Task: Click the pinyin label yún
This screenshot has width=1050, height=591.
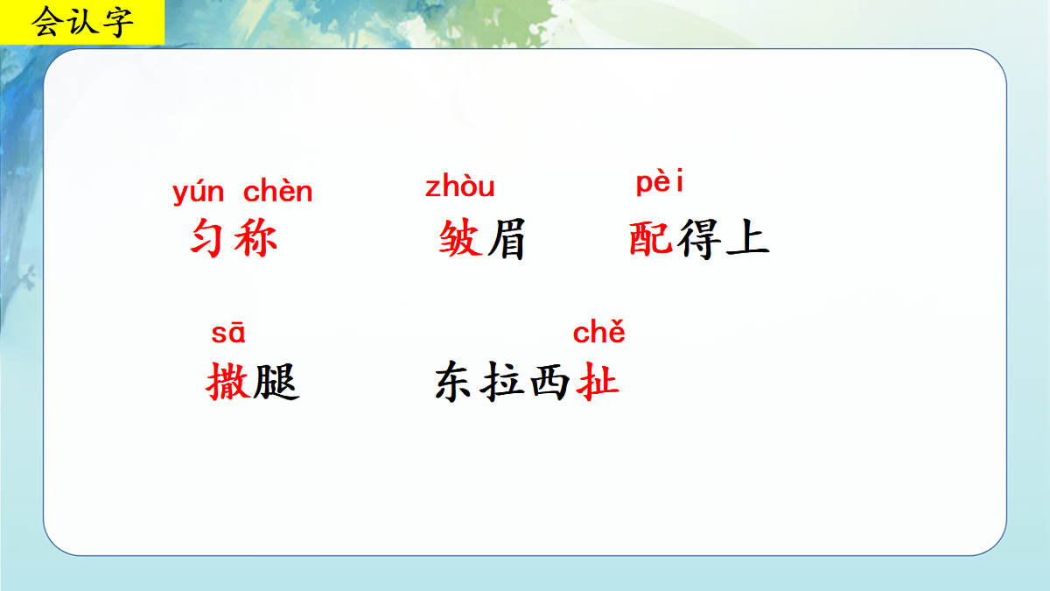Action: point(199,192)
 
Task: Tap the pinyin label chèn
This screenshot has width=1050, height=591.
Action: point(277,191)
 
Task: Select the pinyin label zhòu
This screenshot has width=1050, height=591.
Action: point(459,186)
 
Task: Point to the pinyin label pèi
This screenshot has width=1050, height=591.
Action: point(659,184)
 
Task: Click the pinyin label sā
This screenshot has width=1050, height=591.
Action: point(228,334)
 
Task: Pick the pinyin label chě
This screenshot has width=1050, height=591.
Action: point(598,333)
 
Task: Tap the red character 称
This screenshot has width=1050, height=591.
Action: point(255,238)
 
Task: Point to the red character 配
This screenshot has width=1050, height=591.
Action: point(651,238)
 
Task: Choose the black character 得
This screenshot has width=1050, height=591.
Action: point(698,238)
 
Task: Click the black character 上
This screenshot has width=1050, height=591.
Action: point(746,238)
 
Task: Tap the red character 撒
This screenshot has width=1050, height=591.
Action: point(228,383)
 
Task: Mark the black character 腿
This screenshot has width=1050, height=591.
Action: point(276,383)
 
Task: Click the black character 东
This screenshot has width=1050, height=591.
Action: point(457,383)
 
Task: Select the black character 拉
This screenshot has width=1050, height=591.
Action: point(504,383)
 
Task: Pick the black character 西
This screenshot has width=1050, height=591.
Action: point(551,383)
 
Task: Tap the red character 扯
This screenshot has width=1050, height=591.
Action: point(598,383)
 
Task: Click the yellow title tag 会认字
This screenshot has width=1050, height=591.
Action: point(82,23)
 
